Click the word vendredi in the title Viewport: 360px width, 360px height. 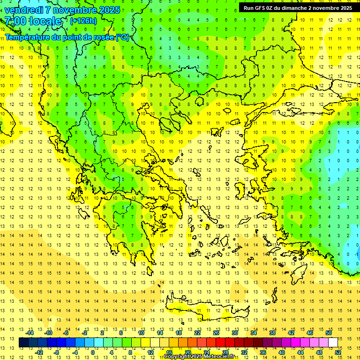(23, 10)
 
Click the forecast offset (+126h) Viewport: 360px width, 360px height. (83, 21)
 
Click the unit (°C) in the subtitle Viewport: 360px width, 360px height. (122, 37)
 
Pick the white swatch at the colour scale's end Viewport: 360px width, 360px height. (333, 343)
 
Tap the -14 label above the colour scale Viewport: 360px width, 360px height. (30, 333)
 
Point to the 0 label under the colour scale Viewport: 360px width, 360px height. (92, 352)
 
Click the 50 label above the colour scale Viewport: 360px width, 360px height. (328, 333)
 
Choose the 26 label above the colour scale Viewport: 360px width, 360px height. (216, 333)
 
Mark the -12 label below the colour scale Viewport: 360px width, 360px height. (39, 352)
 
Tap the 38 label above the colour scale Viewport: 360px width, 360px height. (272, 333)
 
